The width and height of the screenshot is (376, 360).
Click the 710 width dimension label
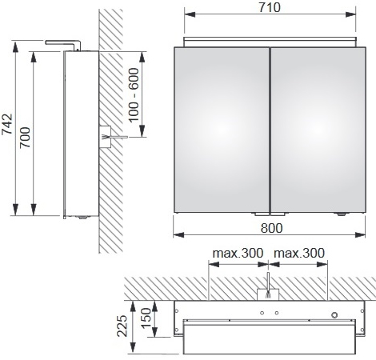click(270, 7)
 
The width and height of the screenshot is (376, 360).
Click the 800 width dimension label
click(271, 228)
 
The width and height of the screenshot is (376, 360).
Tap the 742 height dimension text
click(7, 125)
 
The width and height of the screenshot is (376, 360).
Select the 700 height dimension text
click(26, 138)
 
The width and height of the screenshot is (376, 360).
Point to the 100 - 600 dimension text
click(134, 95)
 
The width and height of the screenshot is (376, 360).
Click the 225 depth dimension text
click(122, 326)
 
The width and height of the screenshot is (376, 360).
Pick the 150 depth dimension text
click(146, 318)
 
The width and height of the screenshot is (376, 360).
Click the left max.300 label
click(238, 253)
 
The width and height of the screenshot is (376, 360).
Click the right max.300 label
click(299, 253)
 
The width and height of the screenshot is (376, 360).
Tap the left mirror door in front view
click(222, 130)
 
